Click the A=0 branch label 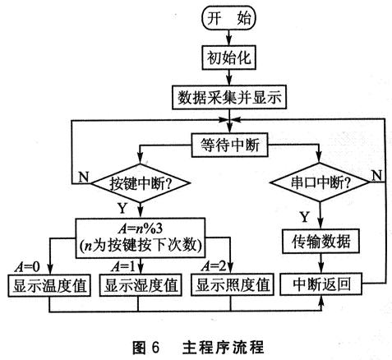[x=29, y=267]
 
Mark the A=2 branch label [x=212, y=267]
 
